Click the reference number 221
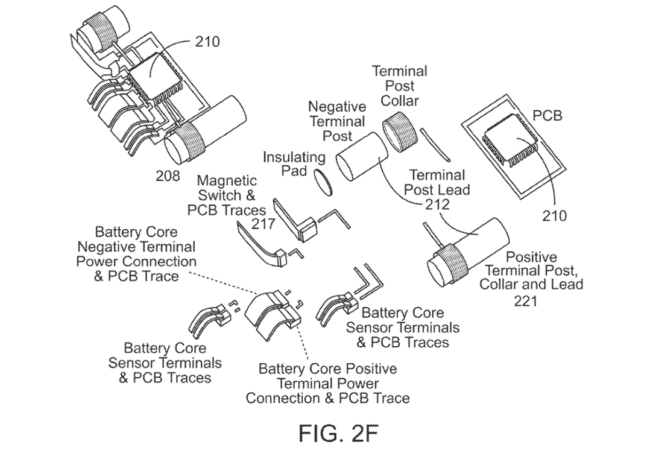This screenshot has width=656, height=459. [525, 300]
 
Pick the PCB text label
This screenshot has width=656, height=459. [547, 114]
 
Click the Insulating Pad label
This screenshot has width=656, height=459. [294, 164]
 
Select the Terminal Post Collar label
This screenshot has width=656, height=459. [399, 86]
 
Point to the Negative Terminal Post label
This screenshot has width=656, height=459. [337, 121]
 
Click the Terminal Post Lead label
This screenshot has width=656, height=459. [438, 182]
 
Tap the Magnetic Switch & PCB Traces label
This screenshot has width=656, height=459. [226, 195]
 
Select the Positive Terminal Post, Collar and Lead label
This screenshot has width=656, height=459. [531, 270]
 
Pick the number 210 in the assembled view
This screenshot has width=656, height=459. [207, 42]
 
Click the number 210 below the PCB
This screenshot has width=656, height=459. [554, 215]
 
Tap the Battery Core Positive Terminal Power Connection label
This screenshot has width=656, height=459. [327, 383]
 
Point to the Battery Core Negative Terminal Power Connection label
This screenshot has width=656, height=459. [136, 254]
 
